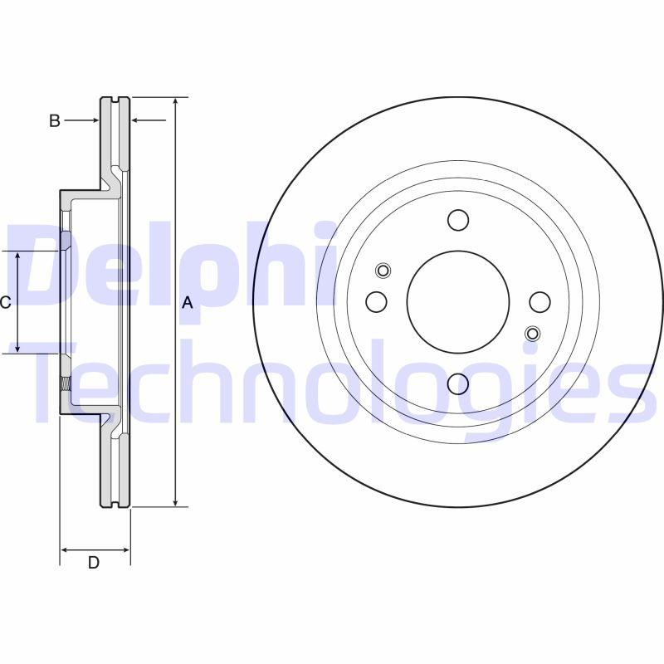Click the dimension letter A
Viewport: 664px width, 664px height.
pos(188,303)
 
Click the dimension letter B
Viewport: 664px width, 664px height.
pos(54,121)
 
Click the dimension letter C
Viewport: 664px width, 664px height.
pos(6,303)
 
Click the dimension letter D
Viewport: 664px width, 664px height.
pos(94,563)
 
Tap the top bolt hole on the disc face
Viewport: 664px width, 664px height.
pos(458,220)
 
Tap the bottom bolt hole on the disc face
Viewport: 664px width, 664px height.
pos(458,383)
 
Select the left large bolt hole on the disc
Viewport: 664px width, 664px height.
pos(377,301)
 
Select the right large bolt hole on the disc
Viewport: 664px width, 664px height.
pos(540,302)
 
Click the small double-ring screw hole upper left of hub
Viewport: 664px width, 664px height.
pos(383,270)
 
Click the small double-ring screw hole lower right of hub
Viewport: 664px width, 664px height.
pos(533,334)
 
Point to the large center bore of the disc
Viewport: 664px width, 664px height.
pos(458,301)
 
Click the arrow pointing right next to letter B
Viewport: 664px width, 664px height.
pos(94,121)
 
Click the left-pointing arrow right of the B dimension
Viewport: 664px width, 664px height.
pos(138,121)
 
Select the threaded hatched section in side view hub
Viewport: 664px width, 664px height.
pos(65,383)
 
